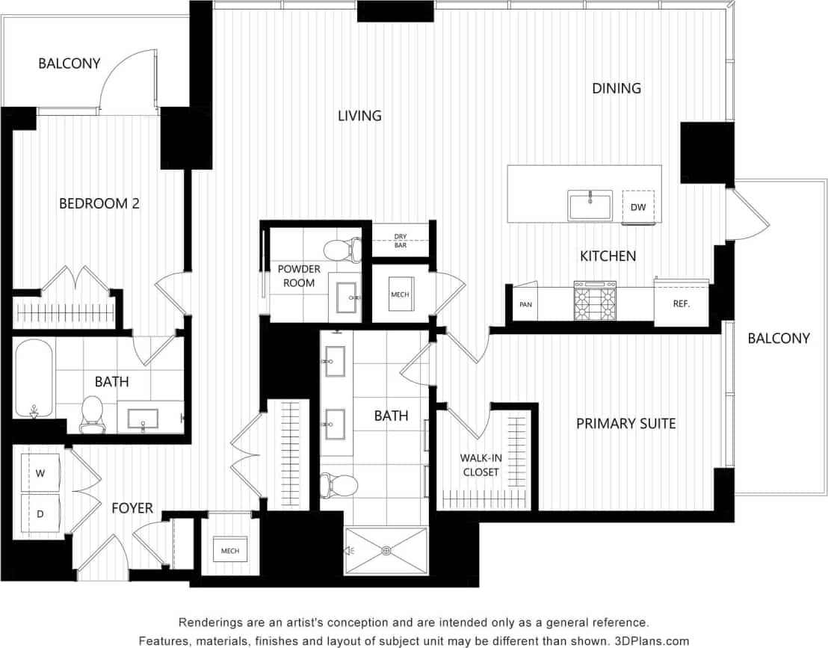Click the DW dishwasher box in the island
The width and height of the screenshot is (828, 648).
pyautogui.click(x=638, y=207)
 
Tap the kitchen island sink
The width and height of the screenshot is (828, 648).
pyautogui.click(x=590, y=205)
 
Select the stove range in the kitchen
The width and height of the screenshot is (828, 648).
pyautogui.click(x=595, y=300)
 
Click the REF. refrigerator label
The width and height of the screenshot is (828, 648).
pyautogui.click(x=681, y=304)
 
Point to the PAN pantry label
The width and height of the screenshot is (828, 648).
pyautogui.click(x=525, y=305)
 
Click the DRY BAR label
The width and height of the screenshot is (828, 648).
pyautogui.click(x=401, y=241)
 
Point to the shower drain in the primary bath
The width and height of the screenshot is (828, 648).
pyautogui.click(x=386, y=551)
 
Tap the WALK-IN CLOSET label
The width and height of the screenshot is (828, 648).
pyautogui.click(x=481, y=465)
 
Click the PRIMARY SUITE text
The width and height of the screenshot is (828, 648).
pyautogui.click(x=625, y=424)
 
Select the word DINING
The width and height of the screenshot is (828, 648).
pyautogui.click(x=617, y=88)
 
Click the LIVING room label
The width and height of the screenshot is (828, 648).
pyautogui.click(x=359, y=116)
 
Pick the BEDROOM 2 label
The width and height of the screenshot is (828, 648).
pyautogui.click(x=99, y=203)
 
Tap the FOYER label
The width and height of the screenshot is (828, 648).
pyautogui.click(x=132, y=508)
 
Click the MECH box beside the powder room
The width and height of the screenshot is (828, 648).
pyautogui.click(x=400, y=294)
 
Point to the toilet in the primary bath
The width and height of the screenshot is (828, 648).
pyautogui.click(x=330, y=485)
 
